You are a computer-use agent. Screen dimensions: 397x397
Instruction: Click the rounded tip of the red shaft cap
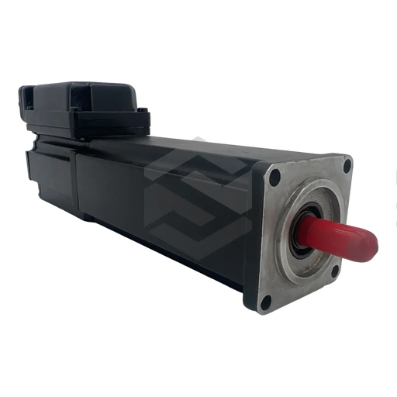[373, 246]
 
